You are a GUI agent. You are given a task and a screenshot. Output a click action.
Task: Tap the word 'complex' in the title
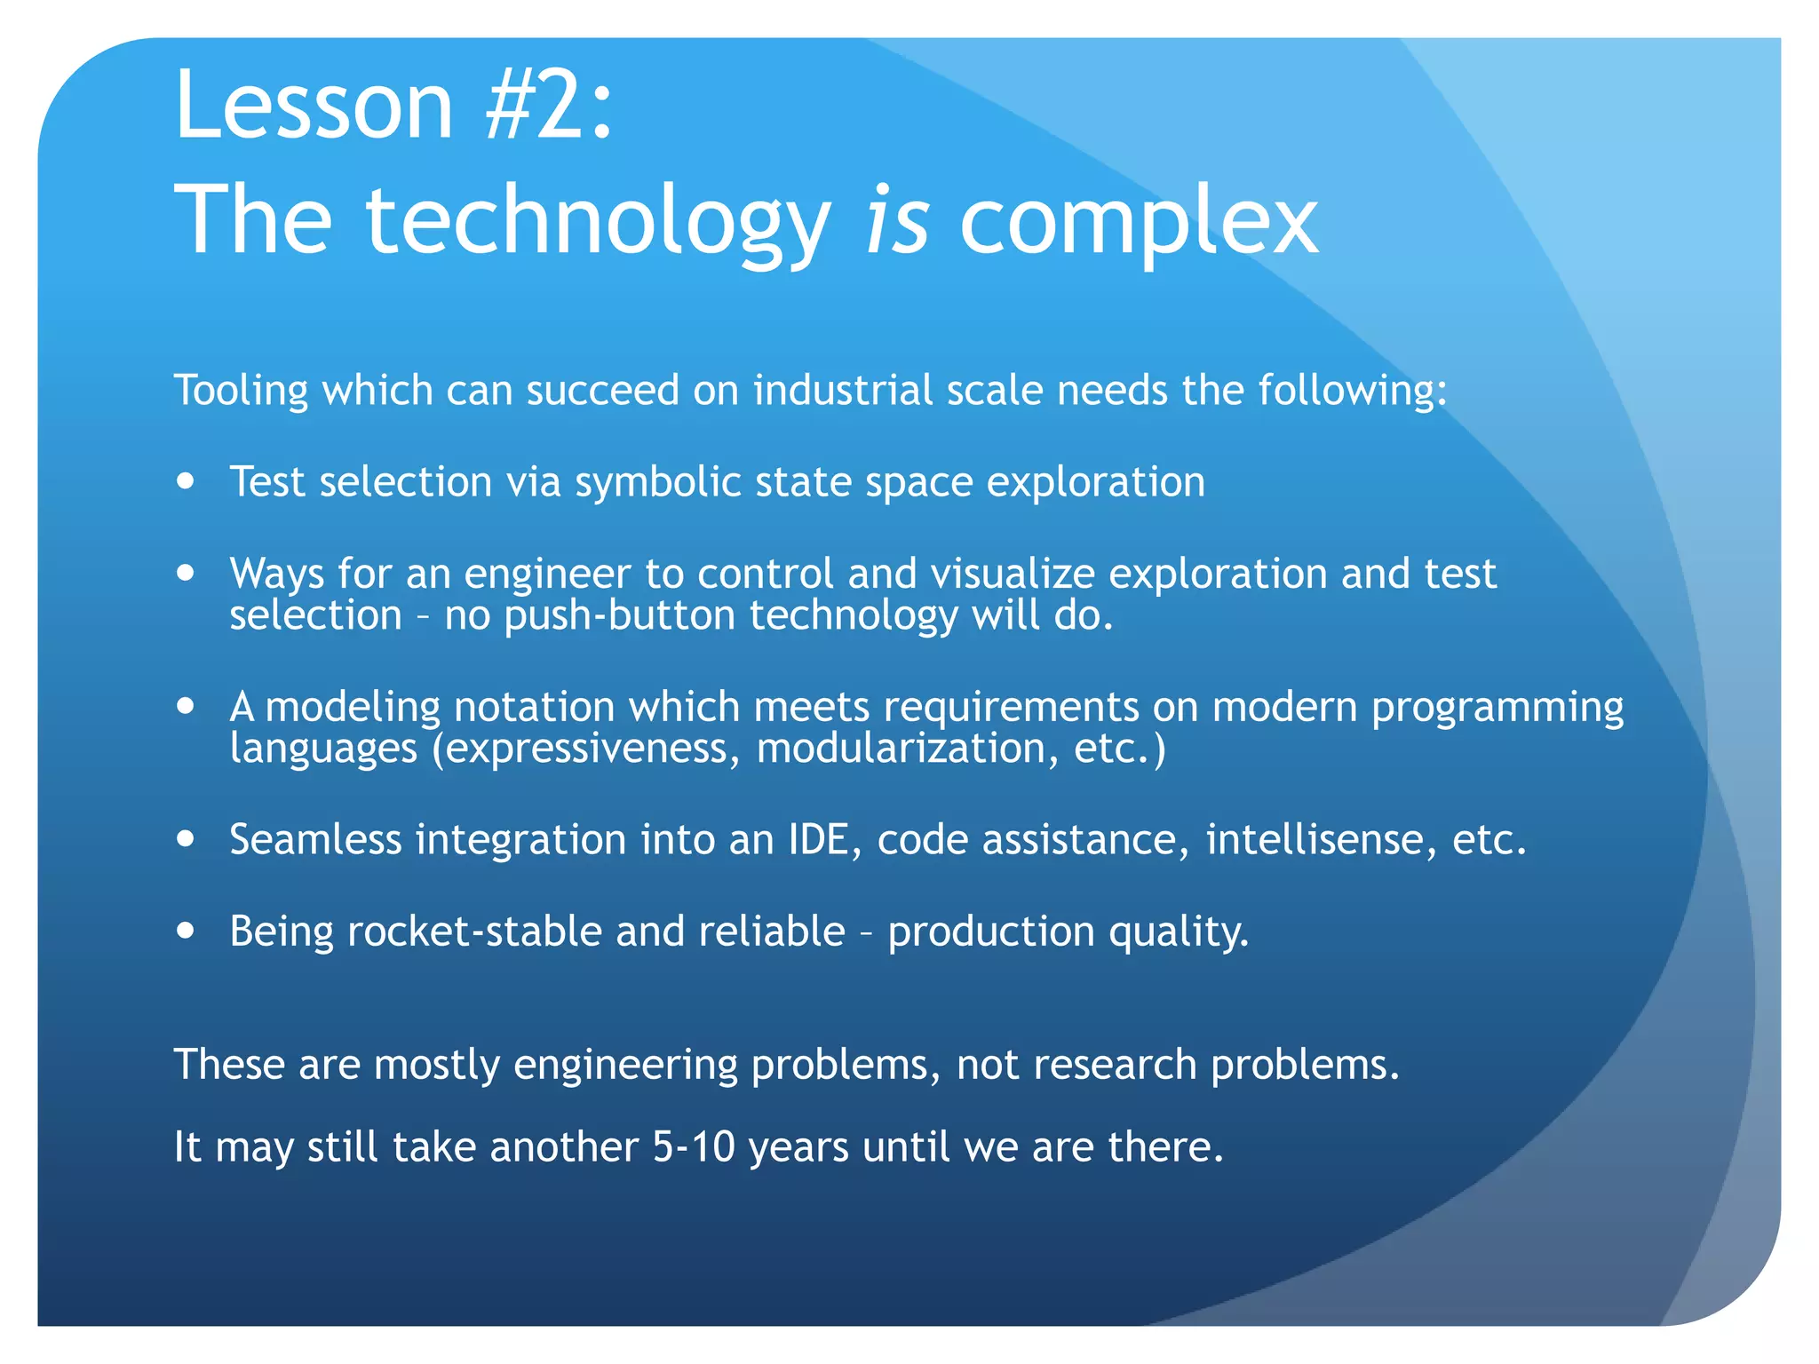click(x=1139, y=222)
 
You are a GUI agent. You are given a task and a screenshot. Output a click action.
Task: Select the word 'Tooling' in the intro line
click(x=241, y=392)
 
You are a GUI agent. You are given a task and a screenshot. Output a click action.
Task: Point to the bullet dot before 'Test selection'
click(x=186, y=482)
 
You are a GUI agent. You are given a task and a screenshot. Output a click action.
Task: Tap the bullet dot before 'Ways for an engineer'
click(x=186, y=574)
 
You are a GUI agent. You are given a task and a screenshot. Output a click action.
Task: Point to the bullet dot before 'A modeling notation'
click(x=186, y=707)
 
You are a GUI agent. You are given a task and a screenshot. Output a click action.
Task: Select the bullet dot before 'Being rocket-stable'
click(x=186, y=932)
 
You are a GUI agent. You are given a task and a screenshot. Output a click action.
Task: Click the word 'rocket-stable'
click(x=474, y=932)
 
